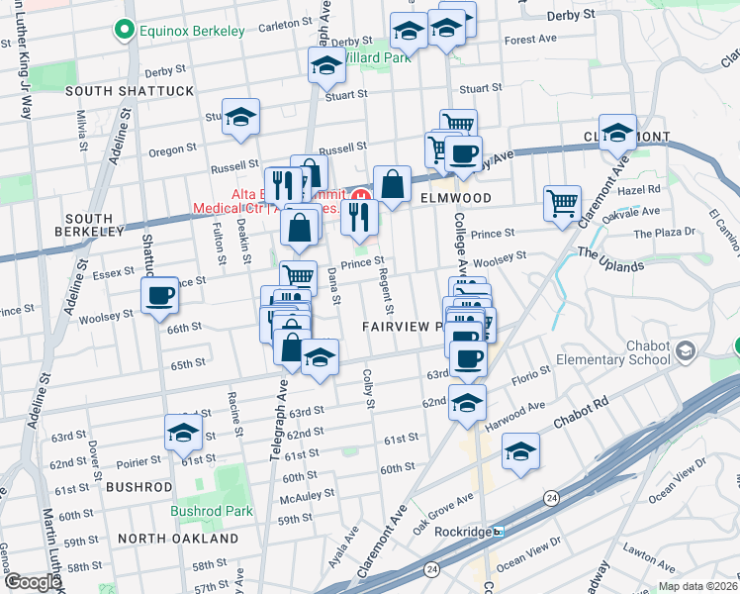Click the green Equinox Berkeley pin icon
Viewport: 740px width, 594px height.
(125, 32)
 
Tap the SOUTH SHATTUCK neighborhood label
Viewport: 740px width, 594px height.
(130, 91)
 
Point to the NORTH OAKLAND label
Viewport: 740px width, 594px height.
(178, 539)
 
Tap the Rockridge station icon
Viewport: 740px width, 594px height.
(499, 532)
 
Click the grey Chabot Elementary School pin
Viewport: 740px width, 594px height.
(685, 350)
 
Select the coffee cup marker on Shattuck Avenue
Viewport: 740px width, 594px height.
(160, 295)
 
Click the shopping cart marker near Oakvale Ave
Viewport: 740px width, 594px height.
(562, 202)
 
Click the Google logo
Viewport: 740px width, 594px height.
(32, 581)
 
